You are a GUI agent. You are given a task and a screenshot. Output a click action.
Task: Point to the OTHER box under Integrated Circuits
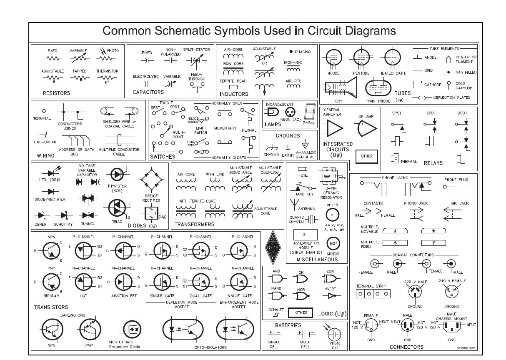click(367, 156)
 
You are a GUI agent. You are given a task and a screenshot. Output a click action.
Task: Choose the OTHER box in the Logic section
click(301, 312)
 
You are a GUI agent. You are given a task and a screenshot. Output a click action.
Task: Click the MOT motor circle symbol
click(333, 243)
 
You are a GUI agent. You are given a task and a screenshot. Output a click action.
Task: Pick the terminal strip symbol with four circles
click(373, 294)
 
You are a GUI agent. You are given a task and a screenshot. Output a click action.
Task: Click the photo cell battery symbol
click(335, 334)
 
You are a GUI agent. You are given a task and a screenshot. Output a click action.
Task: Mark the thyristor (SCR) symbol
click(117, 175)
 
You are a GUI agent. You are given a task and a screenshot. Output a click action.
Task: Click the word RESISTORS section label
click(56, 93)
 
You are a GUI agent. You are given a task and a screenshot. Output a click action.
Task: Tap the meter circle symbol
click(332, 215)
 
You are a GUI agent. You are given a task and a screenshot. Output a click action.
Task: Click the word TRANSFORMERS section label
click(194, 224)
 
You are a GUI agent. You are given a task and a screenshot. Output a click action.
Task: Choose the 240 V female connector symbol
click(451, 292)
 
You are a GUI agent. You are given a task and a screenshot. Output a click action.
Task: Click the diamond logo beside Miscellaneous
click(273, 247)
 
